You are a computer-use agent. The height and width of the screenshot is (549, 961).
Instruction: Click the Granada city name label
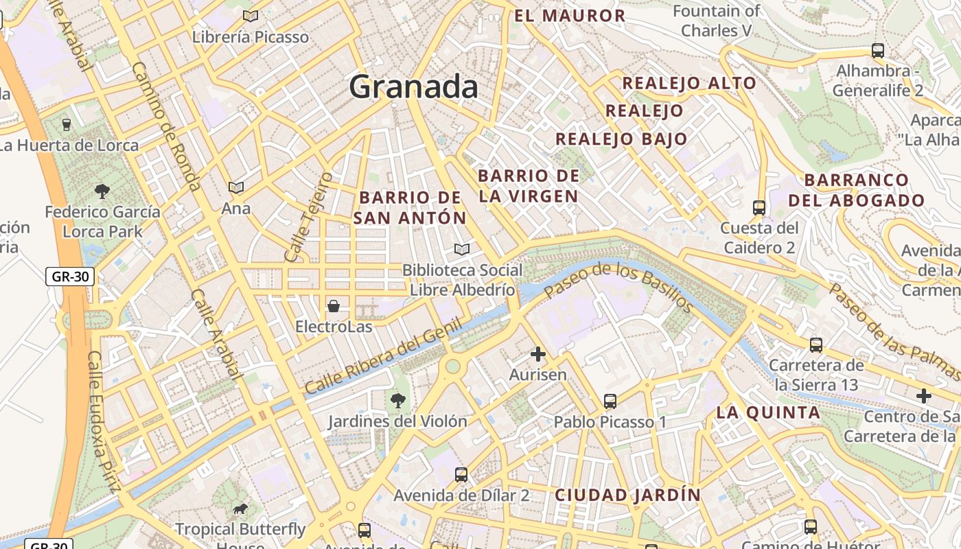(413, 87)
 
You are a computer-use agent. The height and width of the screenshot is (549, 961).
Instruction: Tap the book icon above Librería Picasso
(251, 16)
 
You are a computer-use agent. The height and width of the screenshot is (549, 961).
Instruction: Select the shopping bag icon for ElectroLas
(334, 305)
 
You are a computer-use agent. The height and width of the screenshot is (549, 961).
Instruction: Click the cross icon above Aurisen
(538, 354)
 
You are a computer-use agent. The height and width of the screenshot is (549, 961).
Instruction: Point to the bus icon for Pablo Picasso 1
(610, 401)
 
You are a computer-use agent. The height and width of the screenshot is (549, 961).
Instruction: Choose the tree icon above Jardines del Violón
(397, 400)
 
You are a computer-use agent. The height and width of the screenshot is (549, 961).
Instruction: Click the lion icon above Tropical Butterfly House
(240, 509)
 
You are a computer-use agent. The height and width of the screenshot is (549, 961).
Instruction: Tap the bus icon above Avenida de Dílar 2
(461, 474)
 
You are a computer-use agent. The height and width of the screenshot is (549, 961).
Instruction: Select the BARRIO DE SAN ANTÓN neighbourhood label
(410, 208)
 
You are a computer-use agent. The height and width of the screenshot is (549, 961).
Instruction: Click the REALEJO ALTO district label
(688, 84)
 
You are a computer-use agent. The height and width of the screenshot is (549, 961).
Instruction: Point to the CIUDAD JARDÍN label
(627, 495)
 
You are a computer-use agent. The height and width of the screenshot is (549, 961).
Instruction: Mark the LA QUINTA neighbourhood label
(768, 413)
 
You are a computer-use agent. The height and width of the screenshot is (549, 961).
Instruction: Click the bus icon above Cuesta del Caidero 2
(759, 207)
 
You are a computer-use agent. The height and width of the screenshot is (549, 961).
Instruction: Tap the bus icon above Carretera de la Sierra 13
(815, 344)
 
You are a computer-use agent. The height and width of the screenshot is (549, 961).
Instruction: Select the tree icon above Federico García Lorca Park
(102, 191)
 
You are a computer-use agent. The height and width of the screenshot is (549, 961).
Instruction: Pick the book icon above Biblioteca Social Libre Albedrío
(462, 249)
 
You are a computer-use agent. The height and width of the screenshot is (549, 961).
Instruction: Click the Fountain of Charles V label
(717, 21)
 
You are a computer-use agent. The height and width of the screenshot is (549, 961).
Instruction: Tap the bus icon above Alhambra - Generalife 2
(877, 50)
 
